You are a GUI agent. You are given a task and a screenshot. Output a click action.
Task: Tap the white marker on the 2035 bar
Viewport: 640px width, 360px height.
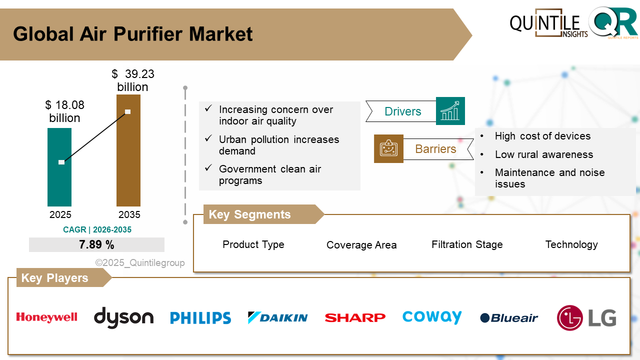click(127, 111)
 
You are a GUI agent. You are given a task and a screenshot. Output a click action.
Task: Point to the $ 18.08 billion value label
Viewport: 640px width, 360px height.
click(64, 111)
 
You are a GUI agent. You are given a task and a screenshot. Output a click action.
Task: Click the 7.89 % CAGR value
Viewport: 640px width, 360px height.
click(96, 245)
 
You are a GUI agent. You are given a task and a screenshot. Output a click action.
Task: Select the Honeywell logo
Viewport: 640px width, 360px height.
click(46, 317)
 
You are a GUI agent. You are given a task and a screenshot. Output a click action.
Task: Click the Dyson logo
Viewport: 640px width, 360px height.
click(123, 317)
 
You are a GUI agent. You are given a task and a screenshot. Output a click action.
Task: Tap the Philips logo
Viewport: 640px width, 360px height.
click(200, 318)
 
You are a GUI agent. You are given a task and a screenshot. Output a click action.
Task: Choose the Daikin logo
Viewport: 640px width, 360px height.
click(277, 317)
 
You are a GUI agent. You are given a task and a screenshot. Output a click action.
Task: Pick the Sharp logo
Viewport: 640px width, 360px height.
click(355, 317)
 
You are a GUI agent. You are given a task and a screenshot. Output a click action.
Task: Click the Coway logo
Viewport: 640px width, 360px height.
click(432, 317)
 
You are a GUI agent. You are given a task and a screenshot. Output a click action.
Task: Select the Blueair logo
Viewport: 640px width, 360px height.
click(509, 318)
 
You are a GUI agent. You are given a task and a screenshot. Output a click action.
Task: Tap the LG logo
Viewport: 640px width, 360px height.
click(586, 318)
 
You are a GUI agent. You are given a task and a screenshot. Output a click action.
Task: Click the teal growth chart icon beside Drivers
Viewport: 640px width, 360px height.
click(450, 111)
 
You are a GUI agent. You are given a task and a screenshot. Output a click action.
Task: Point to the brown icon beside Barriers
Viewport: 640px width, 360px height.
click(388, 148)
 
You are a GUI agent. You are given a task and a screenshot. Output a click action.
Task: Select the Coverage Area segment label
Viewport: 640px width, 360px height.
click(361, 245)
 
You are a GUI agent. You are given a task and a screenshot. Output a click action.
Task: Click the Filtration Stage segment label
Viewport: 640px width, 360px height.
click(467, 244)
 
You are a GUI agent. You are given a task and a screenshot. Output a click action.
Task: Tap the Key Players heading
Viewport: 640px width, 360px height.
click(55, 278)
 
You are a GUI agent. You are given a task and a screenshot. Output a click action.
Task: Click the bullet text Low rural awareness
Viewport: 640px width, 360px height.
click(543, 154)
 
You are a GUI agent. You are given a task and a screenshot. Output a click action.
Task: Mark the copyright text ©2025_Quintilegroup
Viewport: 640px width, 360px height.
click(140, 263)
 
